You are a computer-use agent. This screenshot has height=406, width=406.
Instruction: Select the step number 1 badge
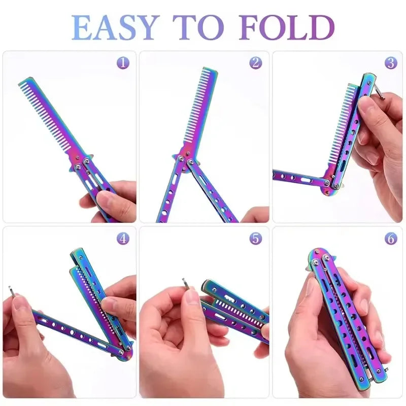click(x=122, y=63)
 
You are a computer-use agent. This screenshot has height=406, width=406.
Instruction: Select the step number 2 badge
click(x=256, y=63)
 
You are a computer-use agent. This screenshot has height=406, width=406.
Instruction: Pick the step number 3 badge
click(x=390, y=63)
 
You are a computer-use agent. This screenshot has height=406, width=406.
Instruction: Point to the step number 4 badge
click(x=122, y=238)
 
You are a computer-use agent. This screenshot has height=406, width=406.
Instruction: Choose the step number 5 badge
click(x=256, y=238)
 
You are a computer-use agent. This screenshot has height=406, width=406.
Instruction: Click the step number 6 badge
click(x=390, y=238)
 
